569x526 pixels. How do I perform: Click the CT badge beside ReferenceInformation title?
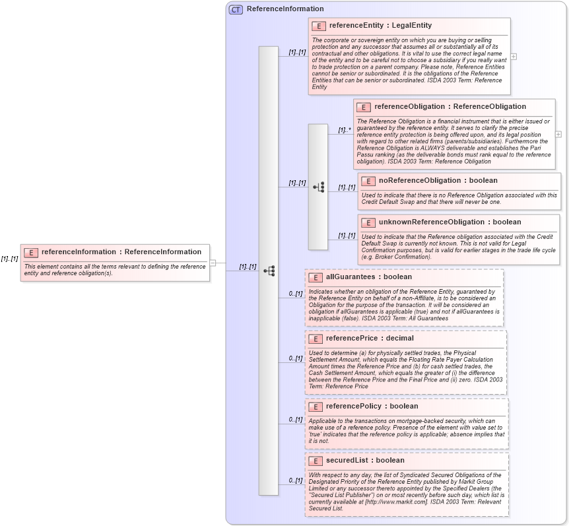click(236, 9)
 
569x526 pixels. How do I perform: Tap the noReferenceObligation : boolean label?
click(438, 180)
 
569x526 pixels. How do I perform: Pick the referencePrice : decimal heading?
click(370, 338)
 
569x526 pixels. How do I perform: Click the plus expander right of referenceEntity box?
click(514, 57)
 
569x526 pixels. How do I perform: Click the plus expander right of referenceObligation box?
click(558, 134)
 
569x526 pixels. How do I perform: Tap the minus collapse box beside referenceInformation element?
click(213, 263)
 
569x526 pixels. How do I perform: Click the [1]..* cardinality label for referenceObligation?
click(344, 130)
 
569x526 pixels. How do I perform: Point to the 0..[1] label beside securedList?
click(295, 480)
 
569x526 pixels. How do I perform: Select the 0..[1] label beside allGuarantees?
click(295, 293)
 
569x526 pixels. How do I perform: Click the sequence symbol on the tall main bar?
click(269, 271)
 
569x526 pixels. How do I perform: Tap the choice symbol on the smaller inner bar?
click(318, 187)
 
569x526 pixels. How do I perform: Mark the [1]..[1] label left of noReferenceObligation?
click(347, 187)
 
